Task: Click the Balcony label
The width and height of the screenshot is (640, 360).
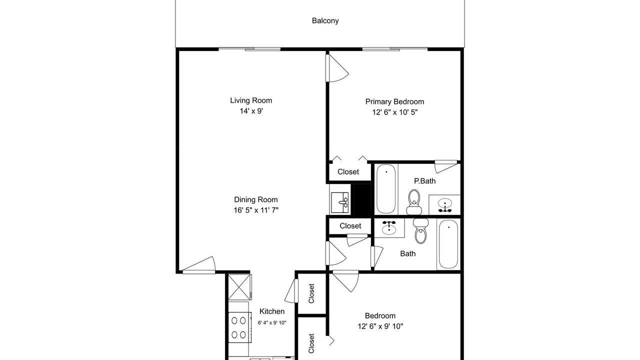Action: [325, 20]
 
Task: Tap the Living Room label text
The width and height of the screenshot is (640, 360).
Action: [251, 100]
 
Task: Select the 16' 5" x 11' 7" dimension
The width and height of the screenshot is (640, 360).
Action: [256, 210]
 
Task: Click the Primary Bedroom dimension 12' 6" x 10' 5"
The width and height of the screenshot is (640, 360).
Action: [395, 112]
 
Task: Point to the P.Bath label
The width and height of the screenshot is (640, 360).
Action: [425, 181]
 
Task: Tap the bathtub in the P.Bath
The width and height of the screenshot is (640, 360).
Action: [386, 189]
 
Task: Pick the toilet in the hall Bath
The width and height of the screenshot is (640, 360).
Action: [420, 231]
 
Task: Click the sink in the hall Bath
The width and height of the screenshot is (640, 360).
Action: [389, 227]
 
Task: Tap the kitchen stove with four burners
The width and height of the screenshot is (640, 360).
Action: [239, 327]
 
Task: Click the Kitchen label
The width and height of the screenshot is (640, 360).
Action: [272, 311]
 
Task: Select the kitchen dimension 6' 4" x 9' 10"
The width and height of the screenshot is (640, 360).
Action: [272, 323]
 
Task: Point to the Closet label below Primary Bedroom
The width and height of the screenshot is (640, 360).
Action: [348, 171]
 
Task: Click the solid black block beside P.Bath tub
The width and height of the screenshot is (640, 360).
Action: [362, 200]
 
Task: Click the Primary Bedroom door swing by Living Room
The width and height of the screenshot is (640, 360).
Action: [337, 68]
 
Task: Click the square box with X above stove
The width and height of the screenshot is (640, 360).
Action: [239, 287]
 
